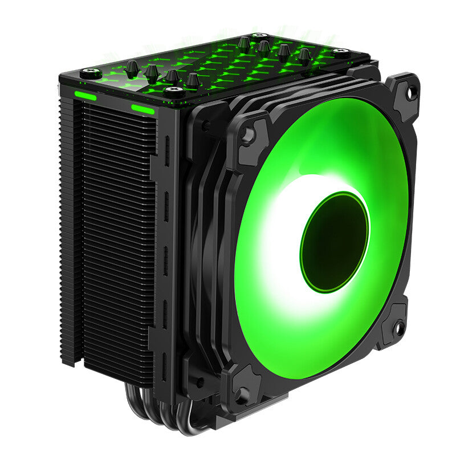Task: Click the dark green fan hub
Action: click(335, 234)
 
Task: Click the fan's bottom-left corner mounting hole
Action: click(242, 393)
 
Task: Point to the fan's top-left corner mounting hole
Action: click(247, 135)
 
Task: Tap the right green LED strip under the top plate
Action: click(142, 109)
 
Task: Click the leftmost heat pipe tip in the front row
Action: click(132, 67)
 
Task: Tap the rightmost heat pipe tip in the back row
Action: click(305, 55)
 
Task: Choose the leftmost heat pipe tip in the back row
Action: click(244, 42)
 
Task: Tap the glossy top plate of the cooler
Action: click(217, 66)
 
